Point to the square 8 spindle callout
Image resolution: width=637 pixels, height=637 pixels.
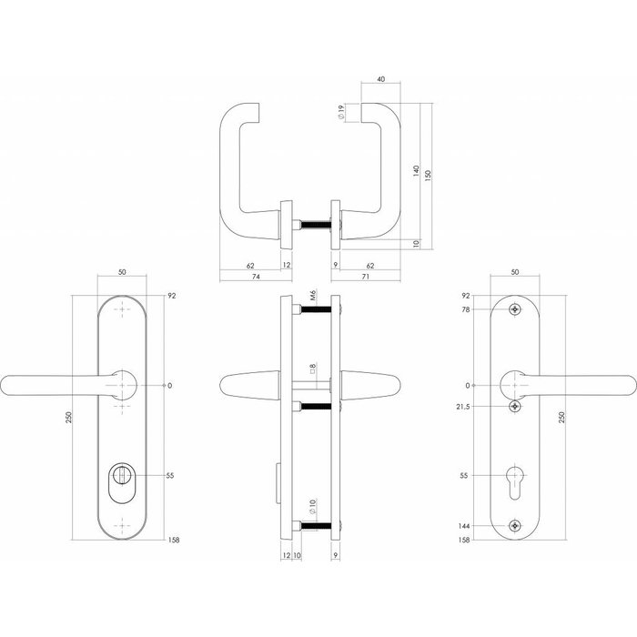(x=311, y=370)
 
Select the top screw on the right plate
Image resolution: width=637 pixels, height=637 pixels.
(x=516, y=309)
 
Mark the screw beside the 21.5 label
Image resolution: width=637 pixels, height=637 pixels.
(x=516, y=406)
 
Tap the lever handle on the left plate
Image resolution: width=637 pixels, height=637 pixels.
(x=55, y=386)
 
